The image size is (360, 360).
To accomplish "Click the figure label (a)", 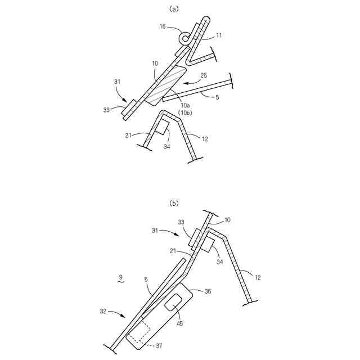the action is point(174,8).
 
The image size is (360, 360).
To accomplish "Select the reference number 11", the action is point(219,35).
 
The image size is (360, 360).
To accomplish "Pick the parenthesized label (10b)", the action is point(186,112).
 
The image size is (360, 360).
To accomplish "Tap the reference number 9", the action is point(120,277).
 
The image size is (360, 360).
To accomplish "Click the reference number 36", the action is point(208,291).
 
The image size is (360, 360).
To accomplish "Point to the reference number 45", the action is point(179,323).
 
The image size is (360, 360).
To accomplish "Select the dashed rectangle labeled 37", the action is point(137,332).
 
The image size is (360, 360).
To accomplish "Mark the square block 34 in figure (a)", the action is point(163,127).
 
